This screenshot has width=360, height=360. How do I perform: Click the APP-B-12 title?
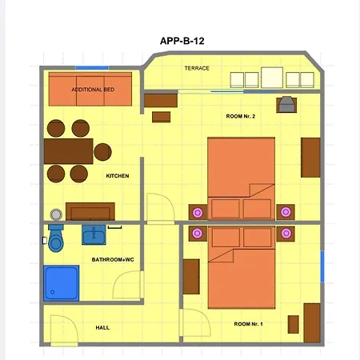click(182, 41)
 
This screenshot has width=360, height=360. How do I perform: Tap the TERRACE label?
click(197, 68)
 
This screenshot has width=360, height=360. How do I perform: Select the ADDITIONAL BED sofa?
click(90, 89)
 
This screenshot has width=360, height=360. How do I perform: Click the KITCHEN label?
click(118, 176)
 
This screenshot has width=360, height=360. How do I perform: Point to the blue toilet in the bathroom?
click(56, 238)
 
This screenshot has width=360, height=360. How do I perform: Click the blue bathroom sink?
click(94, 234)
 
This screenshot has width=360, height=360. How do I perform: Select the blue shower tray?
click(62, 283)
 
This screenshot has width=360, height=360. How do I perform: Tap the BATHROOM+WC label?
click(113, 259)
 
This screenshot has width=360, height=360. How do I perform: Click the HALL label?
click(102, 327)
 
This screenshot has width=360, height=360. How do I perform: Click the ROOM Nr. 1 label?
click(248, 324)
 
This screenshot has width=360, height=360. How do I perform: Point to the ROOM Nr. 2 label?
click(241, 116)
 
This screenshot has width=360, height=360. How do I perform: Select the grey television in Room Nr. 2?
click(286, 105)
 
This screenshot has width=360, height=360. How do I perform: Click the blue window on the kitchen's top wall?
click(92, 68)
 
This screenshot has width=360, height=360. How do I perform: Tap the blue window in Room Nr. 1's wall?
click(322, 266)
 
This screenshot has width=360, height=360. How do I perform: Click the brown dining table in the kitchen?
click(69, 151)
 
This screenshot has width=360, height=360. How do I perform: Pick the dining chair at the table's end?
click(102, 152)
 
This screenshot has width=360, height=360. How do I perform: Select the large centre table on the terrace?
click(272, 78)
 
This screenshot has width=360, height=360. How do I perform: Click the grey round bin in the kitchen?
click(56, 214)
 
